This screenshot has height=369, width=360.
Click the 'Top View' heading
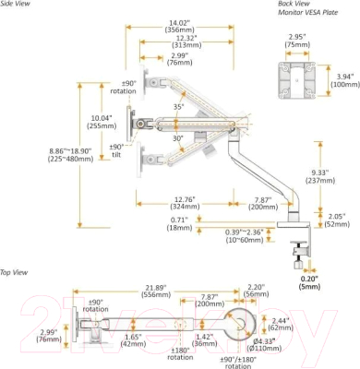(x=16, y=272)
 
